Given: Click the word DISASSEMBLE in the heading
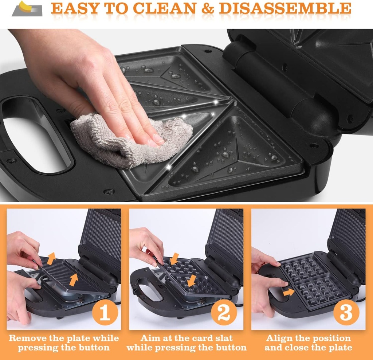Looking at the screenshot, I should click(x=285, y=8).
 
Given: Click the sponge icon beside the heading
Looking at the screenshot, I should click(x=27, y=9).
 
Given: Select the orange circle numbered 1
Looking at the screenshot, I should click(x=105, y=312).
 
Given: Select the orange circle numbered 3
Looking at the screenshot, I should click(x=346, y=312).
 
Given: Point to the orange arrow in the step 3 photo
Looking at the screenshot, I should click(x=289, y=292).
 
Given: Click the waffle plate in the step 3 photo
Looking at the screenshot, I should click(x=310, y=282).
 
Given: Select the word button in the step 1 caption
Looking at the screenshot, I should click(x=95, y=348).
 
